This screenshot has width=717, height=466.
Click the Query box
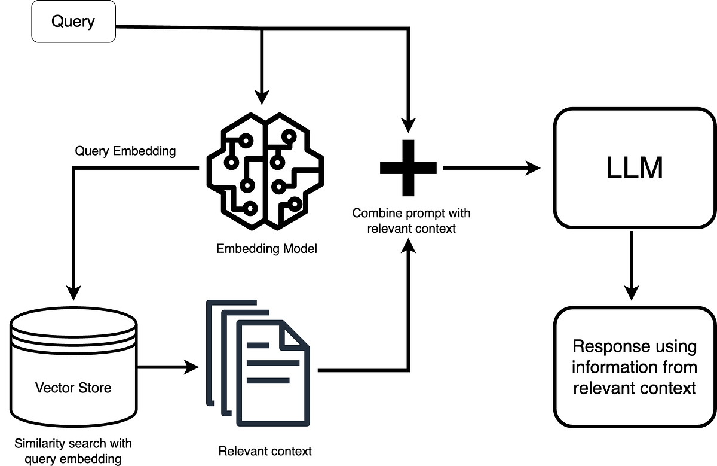[73, 23]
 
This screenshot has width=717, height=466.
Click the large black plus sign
[408, 168]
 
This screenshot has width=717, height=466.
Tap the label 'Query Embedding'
[125, 151]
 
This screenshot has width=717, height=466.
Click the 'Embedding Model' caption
[266, 248]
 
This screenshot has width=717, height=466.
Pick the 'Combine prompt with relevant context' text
[411, 220]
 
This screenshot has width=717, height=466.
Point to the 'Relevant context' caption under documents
[265, 450]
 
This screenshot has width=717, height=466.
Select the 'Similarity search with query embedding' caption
[73, 451]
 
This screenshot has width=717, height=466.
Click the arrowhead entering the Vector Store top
[73, 293]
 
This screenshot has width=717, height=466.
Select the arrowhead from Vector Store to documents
[191, 367]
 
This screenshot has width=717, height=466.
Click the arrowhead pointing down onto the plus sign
[408, 125]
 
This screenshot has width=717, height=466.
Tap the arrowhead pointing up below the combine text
[408, 243]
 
